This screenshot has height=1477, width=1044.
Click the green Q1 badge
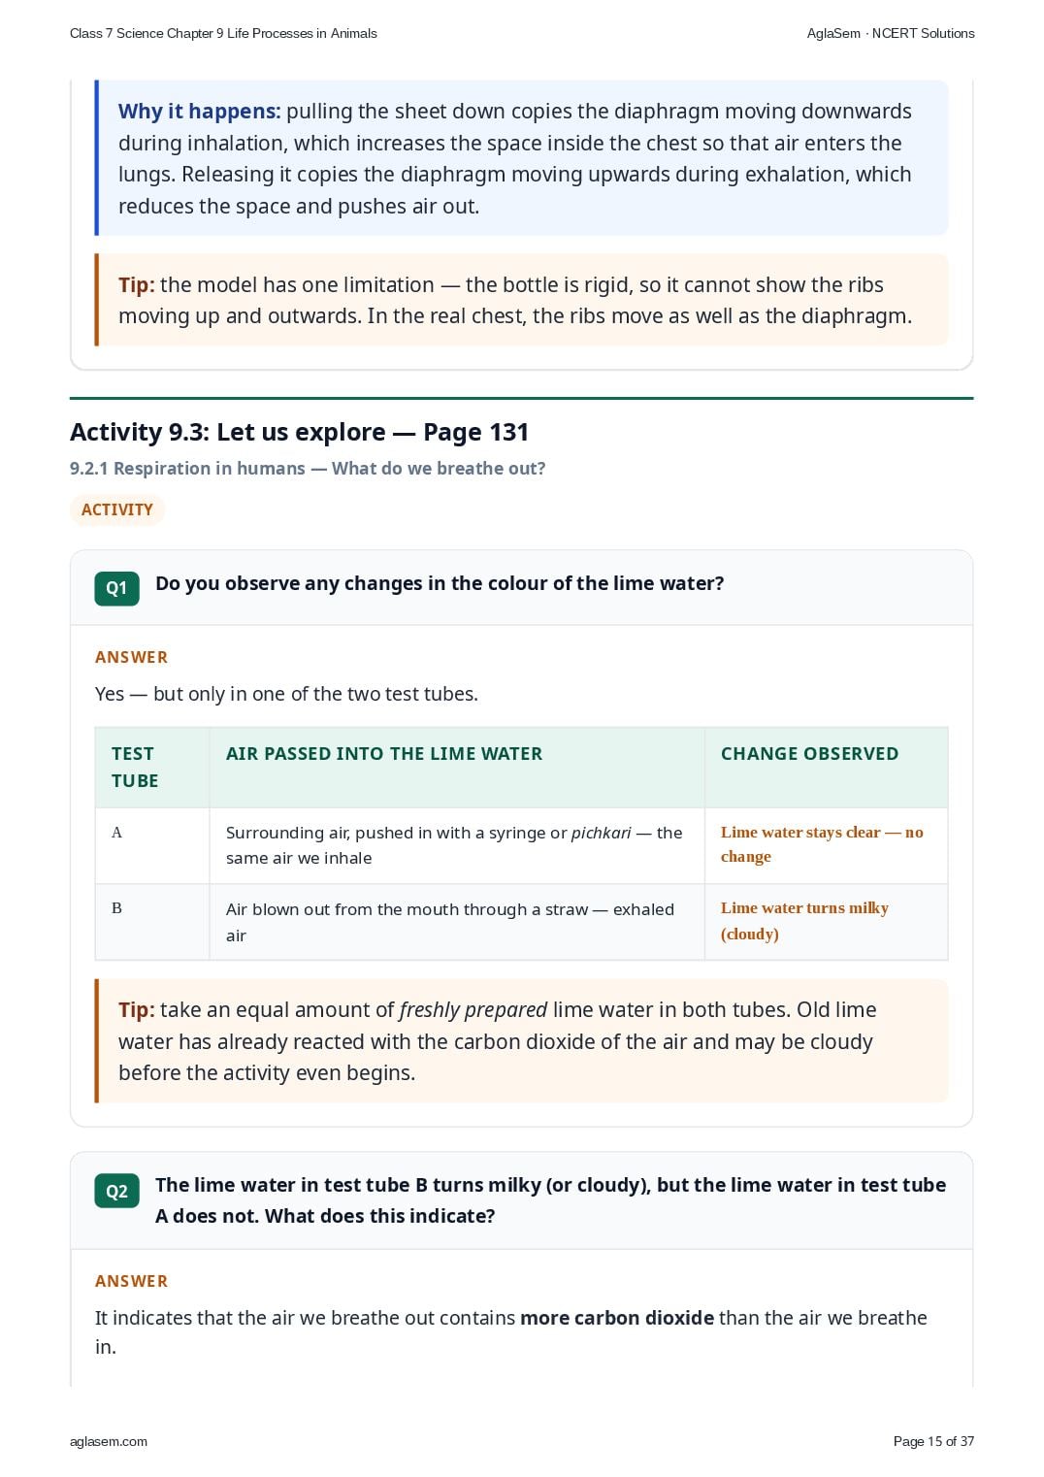point(116,588)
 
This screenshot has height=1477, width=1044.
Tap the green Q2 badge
point(116,1191)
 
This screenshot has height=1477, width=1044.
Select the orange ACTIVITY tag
point(116,509)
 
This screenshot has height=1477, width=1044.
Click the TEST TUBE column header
point(135,767)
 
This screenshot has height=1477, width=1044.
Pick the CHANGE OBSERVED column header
point(809,754)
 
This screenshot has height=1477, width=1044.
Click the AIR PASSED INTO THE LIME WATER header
point(383,754)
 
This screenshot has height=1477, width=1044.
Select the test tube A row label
point(116,832)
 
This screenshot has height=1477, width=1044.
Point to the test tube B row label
point(116,908)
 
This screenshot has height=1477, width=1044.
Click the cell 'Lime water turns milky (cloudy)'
point(804,921)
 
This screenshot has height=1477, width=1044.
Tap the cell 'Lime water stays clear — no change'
point(821,844)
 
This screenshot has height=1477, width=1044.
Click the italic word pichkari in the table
point(601,833)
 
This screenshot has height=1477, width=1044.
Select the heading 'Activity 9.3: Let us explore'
point(227,433)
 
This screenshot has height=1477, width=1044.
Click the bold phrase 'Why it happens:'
point(199,112)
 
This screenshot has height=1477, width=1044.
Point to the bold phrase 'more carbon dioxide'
point(617,1318)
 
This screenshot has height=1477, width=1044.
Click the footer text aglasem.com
point(109,1441)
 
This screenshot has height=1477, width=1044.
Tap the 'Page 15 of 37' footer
point(933,1441)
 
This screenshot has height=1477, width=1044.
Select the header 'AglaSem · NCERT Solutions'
point(891,34)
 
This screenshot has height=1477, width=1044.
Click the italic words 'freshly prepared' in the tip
point(473,1010)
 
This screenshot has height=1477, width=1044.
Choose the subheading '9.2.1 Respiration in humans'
point(187,468)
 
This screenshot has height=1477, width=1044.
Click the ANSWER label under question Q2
point(131,1281)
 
